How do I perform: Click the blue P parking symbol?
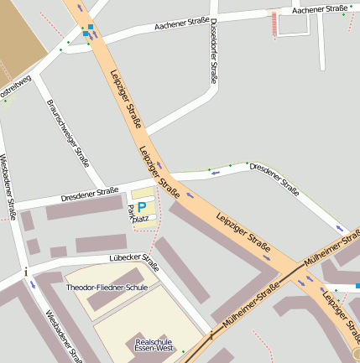(142, 205)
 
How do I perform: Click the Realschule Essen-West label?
(154, 345)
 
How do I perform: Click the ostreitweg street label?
(15, 88)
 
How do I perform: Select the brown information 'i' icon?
(27, 272)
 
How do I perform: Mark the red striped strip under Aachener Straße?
(273, 25)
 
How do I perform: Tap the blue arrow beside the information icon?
(33, 284)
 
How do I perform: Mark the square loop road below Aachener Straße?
(294, 24)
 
